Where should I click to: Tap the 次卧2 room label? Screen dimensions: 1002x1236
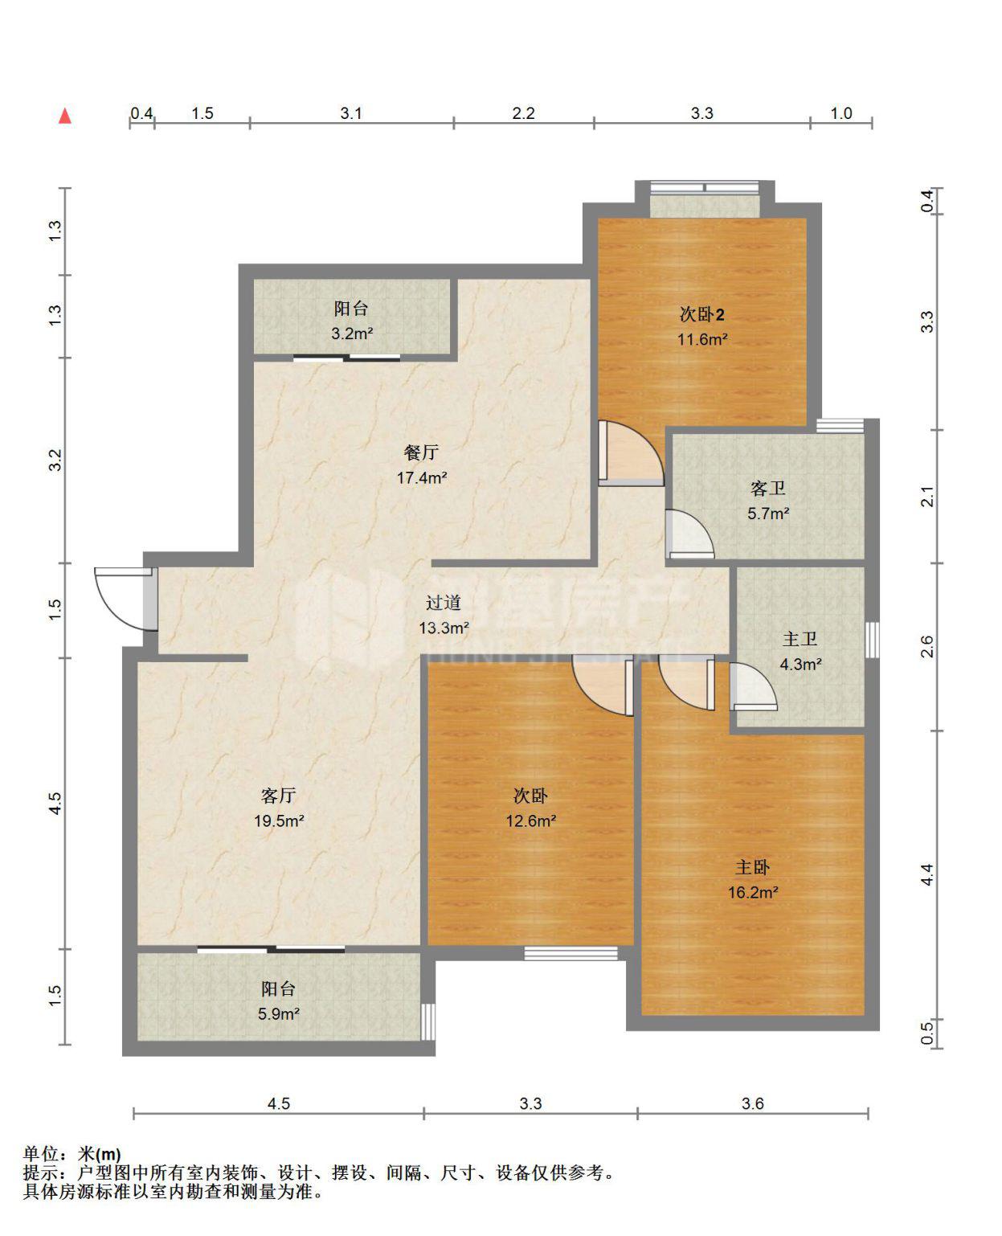point(701,315)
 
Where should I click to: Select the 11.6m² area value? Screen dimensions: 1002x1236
point(702,339)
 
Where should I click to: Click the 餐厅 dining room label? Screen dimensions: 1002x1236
point(421,452)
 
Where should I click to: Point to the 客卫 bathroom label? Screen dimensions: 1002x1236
point(768,489)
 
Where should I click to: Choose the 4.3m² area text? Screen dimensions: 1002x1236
point(800,664)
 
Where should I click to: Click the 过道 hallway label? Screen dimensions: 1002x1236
point(444,603)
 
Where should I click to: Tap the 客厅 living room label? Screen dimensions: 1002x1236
point(279,796)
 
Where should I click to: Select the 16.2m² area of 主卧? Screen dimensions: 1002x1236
point(753,892)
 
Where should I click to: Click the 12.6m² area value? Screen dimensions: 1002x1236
point(531,821)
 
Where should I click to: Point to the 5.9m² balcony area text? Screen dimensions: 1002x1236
point(279,1013)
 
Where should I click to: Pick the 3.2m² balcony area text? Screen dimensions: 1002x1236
point(352,333)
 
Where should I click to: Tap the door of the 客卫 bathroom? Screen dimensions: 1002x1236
point(689,534)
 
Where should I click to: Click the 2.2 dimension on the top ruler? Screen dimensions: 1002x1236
point(523,113)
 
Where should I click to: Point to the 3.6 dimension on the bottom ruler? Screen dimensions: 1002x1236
point(753,1103)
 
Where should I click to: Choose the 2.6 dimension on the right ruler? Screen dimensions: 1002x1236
point(927,646)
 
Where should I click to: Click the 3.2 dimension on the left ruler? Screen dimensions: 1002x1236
point(55,460)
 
